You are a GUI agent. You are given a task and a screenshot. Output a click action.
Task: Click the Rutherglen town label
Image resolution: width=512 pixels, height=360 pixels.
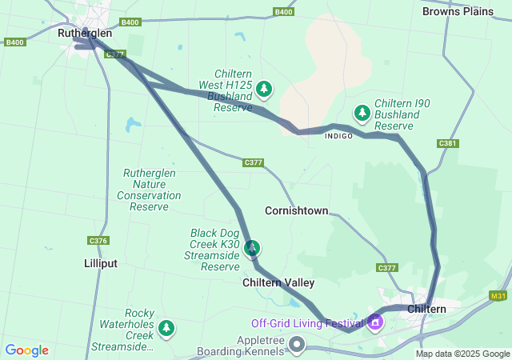[85, 34]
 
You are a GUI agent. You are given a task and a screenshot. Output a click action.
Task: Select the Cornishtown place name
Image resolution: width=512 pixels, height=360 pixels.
[296, 210]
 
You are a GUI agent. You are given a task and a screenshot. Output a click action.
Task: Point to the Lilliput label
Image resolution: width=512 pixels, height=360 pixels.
[101, 262]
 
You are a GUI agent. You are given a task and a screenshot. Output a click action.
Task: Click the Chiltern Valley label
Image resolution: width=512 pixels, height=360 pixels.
[278, 282]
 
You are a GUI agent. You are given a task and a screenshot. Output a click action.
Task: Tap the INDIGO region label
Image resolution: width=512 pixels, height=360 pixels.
[338, 136]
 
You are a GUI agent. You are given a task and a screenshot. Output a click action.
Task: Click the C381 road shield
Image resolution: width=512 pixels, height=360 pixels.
[448, 143]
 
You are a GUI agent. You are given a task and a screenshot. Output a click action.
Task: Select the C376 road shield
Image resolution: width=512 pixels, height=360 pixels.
[98, 241]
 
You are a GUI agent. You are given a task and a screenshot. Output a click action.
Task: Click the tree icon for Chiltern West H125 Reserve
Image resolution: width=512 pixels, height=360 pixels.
[264, 88]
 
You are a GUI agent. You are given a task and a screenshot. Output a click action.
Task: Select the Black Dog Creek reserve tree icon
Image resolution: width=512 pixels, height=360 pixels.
[252, 248]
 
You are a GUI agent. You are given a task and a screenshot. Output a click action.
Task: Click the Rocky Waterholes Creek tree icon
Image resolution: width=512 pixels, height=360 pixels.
[166, 327]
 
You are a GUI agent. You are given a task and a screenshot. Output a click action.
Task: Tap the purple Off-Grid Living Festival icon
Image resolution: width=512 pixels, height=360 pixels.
[375, 323]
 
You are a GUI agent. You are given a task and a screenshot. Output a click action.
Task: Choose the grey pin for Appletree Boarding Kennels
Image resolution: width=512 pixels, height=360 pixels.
[297, 345]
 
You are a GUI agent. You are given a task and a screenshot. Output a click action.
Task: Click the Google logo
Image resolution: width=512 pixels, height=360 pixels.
[26, 350]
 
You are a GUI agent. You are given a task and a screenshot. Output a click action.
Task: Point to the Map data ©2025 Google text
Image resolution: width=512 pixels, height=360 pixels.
[462, 354]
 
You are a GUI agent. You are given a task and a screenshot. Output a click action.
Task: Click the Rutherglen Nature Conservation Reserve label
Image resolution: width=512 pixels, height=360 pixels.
[149, 190]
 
